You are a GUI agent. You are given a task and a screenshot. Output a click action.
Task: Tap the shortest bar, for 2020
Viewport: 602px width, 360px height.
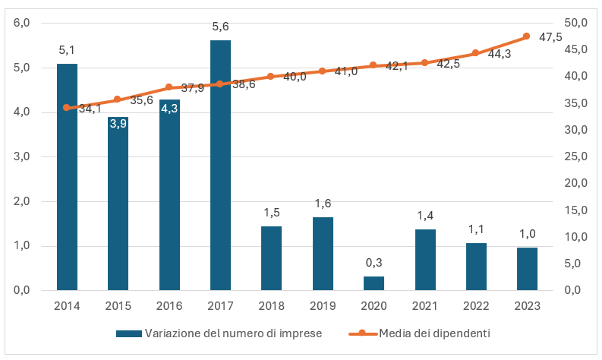373,283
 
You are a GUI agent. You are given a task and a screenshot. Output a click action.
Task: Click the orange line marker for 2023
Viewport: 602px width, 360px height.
526,36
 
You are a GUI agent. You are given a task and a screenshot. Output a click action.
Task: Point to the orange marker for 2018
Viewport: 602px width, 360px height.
271,77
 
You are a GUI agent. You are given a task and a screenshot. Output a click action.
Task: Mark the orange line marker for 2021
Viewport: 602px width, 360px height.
424,63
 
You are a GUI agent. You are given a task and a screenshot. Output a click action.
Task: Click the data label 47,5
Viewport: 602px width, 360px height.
550,37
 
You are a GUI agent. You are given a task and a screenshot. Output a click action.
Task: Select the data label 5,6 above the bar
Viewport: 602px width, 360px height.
220,27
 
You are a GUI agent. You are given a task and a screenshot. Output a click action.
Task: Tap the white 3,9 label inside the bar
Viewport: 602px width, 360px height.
118,124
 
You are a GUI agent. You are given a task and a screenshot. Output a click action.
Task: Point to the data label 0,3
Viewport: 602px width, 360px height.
373,263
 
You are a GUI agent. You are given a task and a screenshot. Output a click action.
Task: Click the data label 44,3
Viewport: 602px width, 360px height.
500,54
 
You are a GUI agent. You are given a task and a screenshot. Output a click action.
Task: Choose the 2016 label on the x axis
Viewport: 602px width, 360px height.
169,305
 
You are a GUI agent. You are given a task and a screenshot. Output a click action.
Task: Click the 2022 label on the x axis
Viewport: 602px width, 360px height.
475,305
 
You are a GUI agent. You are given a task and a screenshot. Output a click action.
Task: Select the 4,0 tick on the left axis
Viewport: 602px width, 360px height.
21,112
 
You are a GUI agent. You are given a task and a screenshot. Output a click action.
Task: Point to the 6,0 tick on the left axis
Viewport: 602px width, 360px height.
21,23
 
